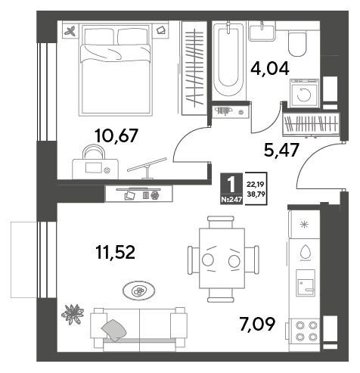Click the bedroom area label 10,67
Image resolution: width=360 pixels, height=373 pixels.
tap(116, 136)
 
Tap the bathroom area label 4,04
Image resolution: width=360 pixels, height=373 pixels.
tap(270, 69)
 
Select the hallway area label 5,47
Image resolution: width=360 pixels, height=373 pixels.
tap(281, 150)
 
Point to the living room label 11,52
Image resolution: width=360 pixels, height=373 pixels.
tap(116, 252)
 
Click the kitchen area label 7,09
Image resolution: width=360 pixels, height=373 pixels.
tap(257, 324)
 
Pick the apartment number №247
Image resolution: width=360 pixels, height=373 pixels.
tap(231, 200)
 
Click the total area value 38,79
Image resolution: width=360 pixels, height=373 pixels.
tap(256, 194)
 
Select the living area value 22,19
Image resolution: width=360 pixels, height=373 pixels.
tap(256, 185)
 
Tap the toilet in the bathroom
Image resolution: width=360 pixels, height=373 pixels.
tap(297, 43)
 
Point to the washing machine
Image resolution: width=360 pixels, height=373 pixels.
tap(304, 93)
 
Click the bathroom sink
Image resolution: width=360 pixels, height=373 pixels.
tap(262, 31)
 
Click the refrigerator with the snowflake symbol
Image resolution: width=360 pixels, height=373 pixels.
tap(304, 224)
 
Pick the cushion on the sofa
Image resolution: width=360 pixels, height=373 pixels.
tap(114, 331)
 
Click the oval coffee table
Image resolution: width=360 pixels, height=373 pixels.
tap(139, 291)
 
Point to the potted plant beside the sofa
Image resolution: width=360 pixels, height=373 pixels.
tap(73, 314)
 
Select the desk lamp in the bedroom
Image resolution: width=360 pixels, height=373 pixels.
tap(147, 168)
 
